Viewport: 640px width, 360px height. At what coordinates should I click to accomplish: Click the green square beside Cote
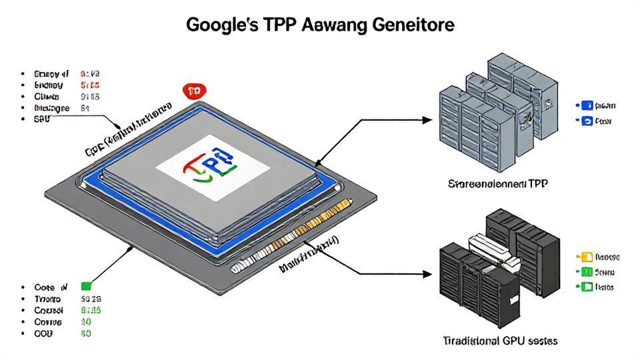85,287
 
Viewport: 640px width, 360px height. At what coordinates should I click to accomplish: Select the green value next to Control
90,310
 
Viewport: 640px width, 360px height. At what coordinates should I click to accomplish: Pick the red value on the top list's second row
90,85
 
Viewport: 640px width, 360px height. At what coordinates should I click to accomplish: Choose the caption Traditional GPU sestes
500,341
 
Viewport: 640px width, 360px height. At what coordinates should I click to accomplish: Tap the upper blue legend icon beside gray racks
587,105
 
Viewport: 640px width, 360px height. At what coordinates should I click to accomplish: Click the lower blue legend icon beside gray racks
587,121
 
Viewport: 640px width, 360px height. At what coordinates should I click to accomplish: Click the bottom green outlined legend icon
587,287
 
